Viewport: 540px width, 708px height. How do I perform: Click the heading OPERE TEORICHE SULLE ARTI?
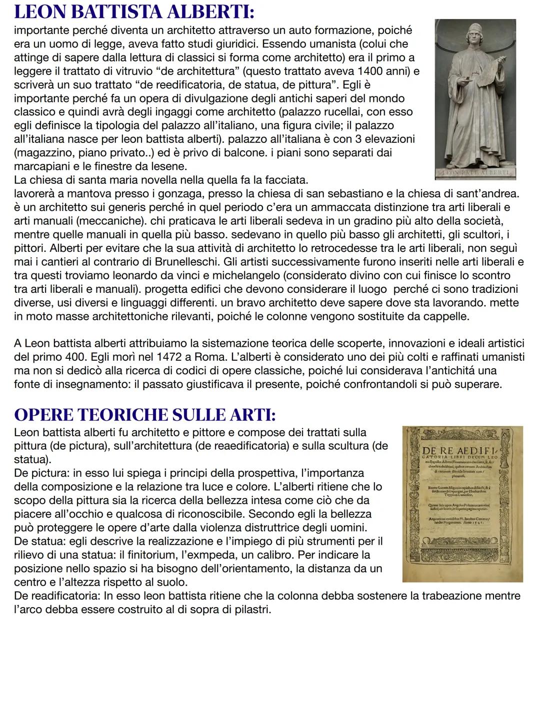pos(144,414)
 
